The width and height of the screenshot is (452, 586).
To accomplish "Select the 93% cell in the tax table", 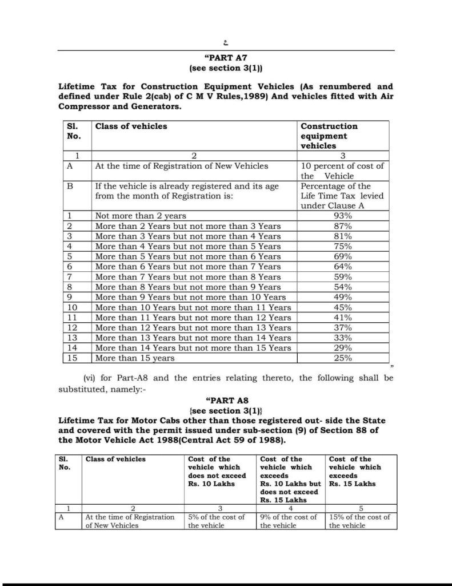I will (x=343, y=216).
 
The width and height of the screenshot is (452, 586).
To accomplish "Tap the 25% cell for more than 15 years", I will (x=343, y=358).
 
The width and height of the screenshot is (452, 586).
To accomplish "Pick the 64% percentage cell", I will (x=343, y=267).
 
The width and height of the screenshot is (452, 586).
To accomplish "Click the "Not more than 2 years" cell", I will (x=141, y=216).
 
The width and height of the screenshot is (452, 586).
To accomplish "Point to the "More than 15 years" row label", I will (x=135, y=358).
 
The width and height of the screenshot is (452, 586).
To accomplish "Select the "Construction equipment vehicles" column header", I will (x=329, y=136).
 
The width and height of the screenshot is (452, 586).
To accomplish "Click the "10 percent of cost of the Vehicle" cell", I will (x=342, y=171).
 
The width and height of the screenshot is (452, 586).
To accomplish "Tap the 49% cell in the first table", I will (x=343, y=297).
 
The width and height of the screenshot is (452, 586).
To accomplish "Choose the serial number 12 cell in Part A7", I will (x=72, y=328).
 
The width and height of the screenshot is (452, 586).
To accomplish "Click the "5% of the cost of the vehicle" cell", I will (x=217, y=521).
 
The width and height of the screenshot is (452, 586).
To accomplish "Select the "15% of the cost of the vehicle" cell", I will (x=359, y=521).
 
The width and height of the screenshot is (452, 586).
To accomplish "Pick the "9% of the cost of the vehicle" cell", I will (x=289, y=521).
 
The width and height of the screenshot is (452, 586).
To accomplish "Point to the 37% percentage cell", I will (x=343, y=328).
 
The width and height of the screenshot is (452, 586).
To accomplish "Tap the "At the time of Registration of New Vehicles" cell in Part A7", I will (x=181, y=166).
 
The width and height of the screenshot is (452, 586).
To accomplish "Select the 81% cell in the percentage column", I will (x=343, y=236).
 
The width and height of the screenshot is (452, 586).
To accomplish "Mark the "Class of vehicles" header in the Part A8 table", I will (x=115, y=459).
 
